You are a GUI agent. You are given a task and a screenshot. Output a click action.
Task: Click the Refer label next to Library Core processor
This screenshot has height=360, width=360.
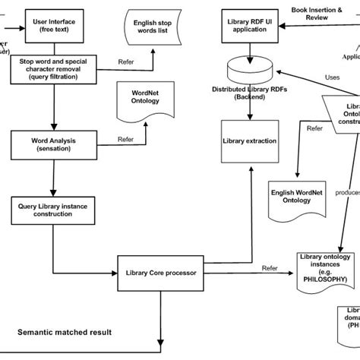pos(270,267)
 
